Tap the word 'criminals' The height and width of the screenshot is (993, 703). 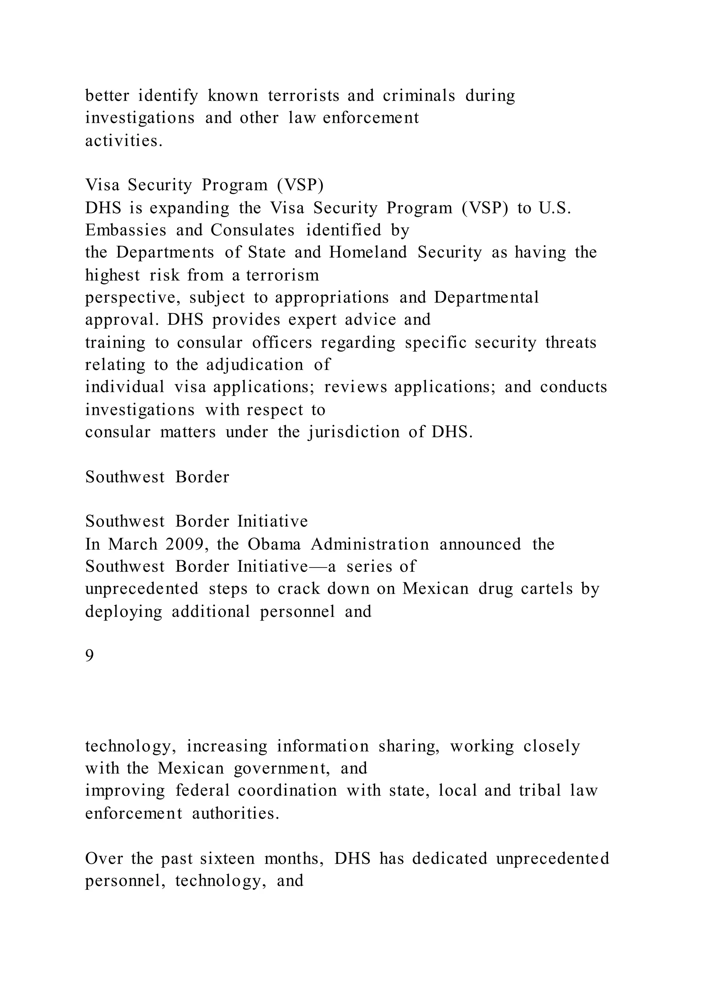tap(418, 96)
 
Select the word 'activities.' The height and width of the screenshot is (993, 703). tap(124, 141)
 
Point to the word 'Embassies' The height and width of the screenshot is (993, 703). tap(126, 230)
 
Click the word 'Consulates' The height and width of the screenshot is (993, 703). tap(252, 230)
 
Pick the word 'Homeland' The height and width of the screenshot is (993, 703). tap(368, 253)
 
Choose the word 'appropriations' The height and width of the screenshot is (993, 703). tap(332, 298)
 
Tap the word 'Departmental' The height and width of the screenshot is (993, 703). tap(486, 298)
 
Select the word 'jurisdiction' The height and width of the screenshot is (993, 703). tap(354, 432)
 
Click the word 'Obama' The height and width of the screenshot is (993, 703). tap(274, 544)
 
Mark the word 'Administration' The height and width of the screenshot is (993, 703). tap(370, 544)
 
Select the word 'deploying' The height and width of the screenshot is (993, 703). tap(123, 612)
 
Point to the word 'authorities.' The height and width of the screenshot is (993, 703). tap(235, 814)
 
